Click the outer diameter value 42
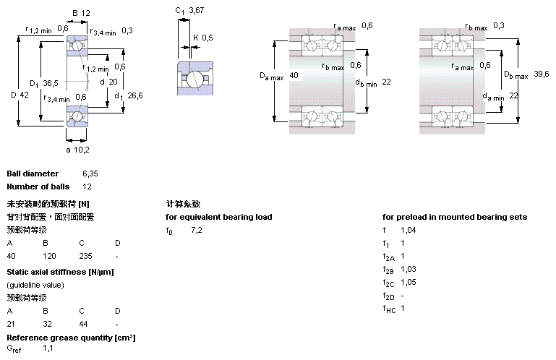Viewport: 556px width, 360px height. pyautogui.click(x=24, y=95)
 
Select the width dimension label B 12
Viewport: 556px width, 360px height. pyautogui.click(x=80, y=13)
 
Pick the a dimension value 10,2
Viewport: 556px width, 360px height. pyautogui.click(x=80, y=150)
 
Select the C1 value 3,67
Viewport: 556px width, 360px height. pyautogui.click(x=196, y=11)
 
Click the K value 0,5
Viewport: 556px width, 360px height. pyautogui.click(x=208, y=38)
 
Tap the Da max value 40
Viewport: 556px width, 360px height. pyautogui.click(x=294, y=75)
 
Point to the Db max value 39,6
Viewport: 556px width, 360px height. pyautogui.click(x=542, y=75)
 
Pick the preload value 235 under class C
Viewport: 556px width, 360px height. pyautogui.click(x=86, y=256)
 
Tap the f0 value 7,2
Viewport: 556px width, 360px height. pyautogui.click(x=196, y=230)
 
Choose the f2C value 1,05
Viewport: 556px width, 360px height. pyautogui.click(x=409, y=282)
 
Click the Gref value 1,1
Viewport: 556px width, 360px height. pyautogui.click(x=48, y=348)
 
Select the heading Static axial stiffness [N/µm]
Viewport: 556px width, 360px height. pyautogui.click(x=60, y=272)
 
